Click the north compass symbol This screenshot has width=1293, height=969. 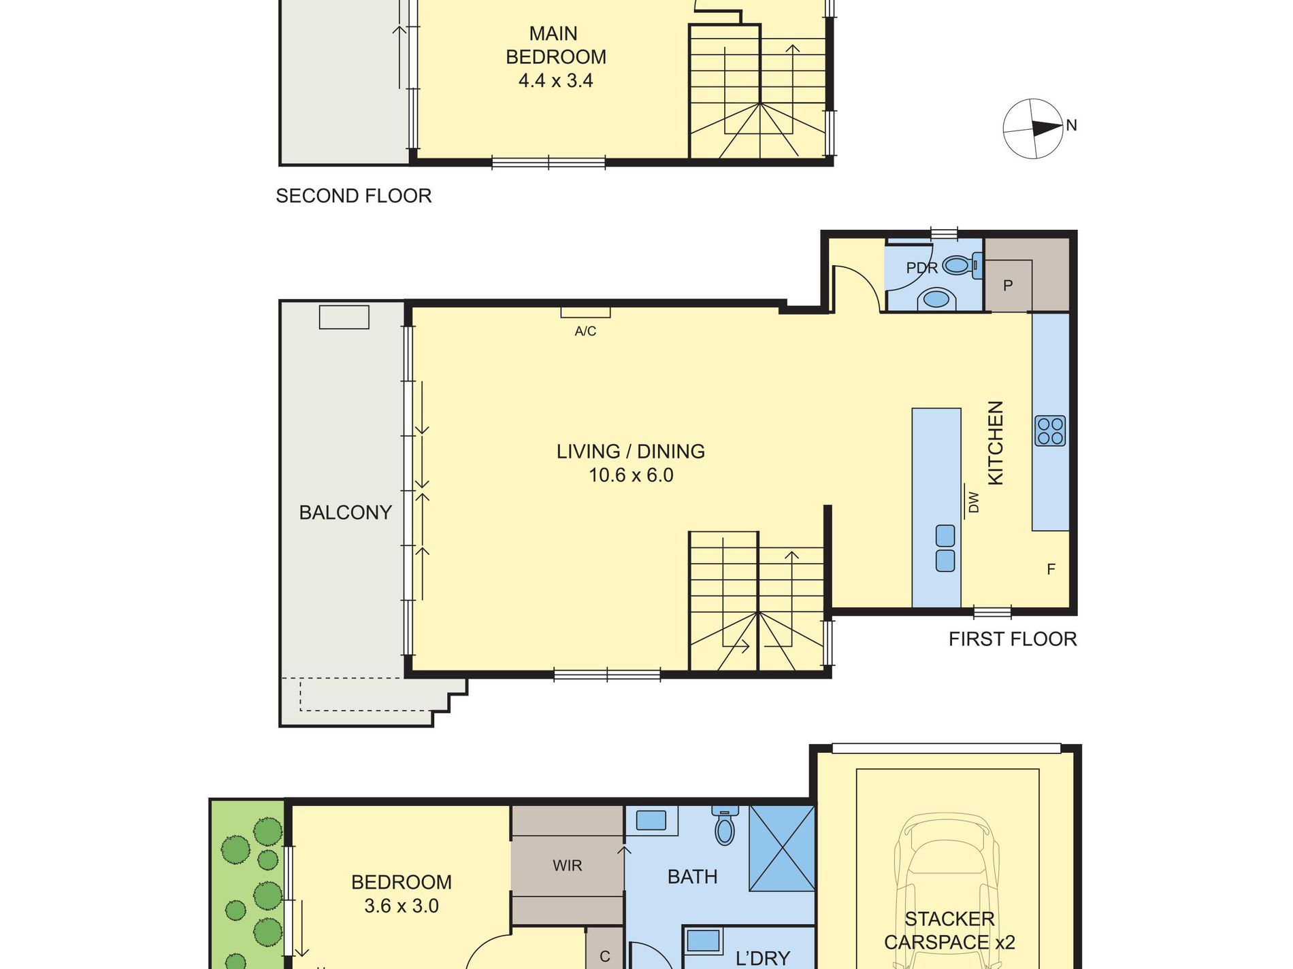point(1033,129)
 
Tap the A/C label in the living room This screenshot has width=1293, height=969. point(585,331)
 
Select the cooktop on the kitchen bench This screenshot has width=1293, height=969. point(1050,431)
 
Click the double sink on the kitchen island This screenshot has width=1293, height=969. point(945,548)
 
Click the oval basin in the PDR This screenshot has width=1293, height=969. point(936,299)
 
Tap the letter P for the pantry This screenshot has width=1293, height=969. point(1008,286)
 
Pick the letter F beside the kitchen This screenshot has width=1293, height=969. point(1051,569)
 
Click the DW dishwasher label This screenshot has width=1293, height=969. point(973,503)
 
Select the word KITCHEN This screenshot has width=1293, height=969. point(995,443)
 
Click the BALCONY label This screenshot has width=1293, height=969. point(346,512)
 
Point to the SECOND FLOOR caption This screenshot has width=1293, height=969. point(354,196)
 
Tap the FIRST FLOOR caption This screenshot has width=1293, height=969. point(1013,639)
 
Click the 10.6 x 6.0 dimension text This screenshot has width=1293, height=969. point(631,475)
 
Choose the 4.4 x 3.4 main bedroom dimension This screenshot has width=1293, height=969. point(555,81)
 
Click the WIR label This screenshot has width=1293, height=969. point(568,866)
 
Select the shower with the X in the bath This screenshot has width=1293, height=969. point(782,848)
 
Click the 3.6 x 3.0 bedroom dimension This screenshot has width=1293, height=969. point(402,906)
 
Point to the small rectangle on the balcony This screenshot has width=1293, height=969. point(344,318)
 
